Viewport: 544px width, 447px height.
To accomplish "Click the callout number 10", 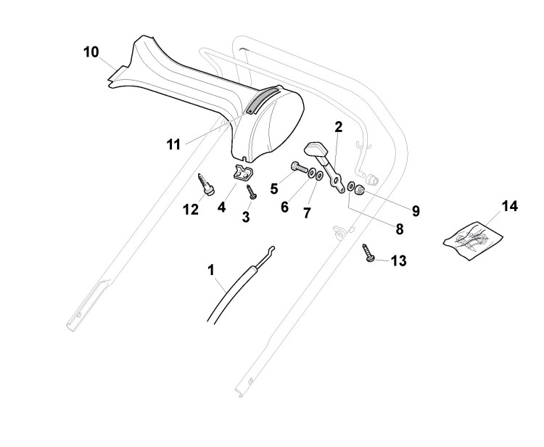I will [91, 52].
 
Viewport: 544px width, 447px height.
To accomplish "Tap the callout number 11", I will [173, 144].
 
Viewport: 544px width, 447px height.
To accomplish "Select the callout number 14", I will [510, 206].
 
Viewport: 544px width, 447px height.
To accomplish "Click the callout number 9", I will [416, 211].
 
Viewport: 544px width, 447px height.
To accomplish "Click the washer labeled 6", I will [311, 175].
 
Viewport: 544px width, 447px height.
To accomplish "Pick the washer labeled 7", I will [321, 176].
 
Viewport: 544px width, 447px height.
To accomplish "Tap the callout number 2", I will [338, 127].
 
